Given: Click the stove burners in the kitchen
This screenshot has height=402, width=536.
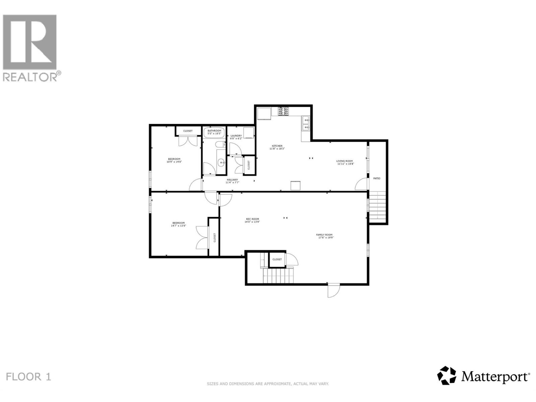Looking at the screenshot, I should coord(283,111).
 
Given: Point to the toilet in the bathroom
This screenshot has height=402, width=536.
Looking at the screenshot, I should coord(220,145).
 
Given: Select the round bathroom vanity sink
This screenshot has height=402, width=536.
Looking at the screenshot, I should coord(221,163).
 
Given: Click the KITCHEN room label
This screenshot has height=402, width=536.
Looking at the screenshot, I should coord(277,146).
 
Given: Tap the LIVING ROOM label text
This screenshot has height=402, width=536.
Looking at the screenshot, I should coord(345,161).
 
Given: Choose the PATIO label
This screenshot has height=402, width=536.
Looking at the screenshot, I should coord(377,179).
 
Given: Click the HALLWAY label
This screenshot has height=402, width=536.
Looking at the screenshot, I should coord(232,180).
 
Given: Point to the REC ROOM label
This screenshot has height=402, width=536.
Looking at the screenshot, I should coord(253,219).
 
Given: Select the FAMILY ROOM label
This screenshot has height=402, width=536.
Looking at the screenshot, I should coord(324,235).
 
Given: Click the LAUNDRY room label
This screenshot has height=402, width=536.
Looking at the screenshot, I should coord(236,136).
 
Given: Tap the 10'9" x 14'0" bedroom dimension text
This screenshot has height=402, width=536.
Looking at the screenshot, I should coord(174,162).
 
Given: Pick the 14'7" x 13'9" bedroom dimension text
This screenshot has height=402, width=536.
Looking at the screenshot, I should coord(179,226).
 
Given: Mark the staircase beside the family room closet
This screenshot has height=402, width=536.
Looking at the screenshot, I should coord(278,276).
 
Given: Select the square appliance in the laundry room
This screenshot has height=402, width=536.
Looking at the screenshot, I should coord(249,133).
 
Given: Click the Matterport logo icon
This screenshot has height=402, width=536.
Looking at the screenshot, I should coord(447,376).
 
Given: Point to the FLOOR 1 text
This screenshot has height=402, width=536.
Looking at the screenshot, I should coord(28,377).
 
